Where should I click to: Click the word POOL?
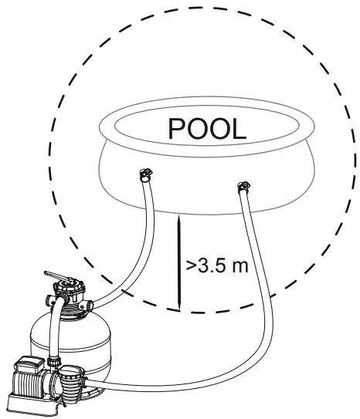click(x=207, y=129)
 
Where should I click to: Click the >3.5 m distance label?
click(x=217, y=266)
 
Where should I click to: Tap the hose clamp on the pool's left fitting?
click(x=145, y=174)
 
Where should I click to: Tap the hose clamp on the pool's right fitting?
click(x=243, y=187)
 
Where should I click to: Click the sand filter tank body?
click(x=70, y=345)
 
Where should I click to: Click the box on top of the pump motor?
click(x=29, y=363)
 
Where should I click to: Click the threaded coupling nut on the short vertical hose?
click(x=54, y=361)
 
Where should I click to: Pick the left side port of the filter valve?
click(x=50, y=300)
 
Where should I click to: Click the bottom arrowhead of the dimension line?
click(x=179, y=307)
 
